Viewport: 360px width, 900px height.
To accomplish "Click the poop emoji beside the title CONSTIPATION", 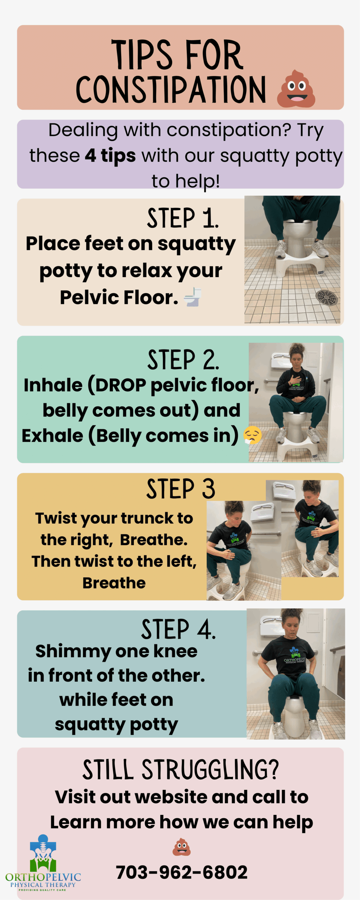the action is [x=296, y=89].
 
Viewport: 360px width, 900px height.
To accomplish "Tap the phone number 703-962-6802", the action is [x=182, y=872].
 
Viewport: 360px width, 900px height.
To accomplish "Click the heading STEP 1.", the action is [x=183, y=218].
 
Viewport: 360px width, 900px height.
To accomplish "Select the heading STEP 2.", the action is [x=183, y=360].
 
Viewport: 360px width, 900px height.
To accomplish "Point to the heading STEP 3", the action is [x=181, y=489].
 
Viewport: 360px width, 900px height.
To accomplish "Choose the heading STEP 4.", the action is [x=179, y=629].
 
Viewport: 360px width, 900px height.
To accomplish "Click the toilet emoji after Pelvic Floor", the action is [x=193, y=297].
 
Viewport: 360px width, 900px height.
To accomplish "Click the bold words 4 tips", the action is [x=110, y=156].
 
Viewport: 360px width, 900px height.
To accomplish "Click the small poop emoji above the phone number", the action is [x=181, y=847].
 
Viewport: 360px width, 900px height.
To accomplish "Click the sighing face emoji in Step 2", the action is [x=253, y=435].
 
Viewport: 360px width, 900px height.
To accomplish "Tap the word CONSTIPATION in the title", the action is [x=171, y=89].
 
